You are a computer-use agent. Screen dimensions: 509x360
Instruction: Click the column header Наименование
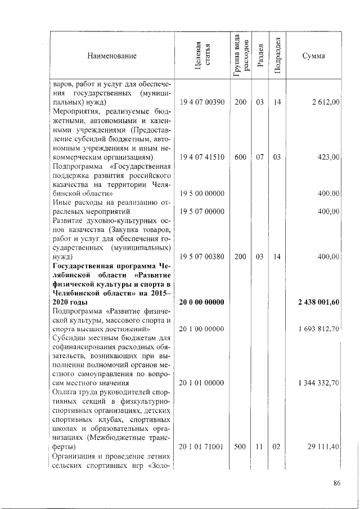coord(112,56)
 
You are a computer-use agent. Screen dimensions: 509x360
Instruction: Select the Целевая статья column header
coord(202,57)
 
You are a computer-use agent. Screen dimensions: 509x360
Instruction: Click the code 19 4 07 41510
coord(202,157)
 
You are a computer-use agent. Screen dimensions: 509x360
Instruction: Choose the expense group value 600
coord(240,157)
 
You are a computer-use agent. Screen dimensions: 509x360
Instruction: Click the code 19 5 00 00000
coord(202,193)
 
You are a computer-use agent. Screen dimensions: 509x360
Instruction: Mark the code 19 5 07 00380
coord(202,257)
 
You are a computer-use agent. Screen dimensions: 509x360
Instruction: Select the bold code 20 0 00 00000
coord(202,303)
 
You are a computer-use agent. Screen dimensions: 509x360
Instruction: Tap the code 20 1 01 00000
coord(202,383)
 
